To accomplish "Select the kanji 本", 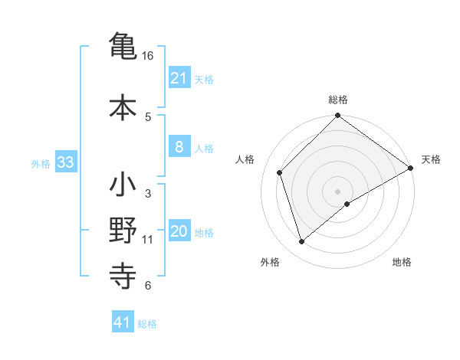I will click(123, 107).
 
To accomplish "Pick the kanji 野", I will click(123, 231).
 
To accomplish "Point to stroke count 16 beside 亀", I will click(148, 56).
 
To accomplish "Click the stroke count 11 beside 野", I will click(148, 240).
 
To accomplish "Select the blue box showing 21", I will click(179, 78).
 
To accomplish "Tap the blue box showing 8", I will click(179, 148).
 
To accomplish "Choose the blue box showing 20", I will click(179, 232).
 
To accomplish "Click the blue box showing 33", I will click(64, 162).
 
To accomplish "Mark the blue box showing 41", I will click(123, 323).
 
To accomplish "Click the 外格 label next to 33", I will click(41, 163).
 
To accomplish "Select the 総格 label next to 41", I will click(147, 324).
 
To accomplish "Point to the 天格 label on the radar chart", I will click(431, 159).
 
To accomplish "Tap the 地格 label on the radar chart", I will click(402, 263).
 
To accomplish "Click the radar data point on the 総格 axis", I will click(337, 116).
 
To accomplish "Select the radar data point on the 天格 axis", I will click(411, 168).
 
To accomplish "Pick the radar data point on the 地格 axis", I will click(347, 204).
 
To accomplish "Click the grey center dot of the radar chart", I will click(337, 191).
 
